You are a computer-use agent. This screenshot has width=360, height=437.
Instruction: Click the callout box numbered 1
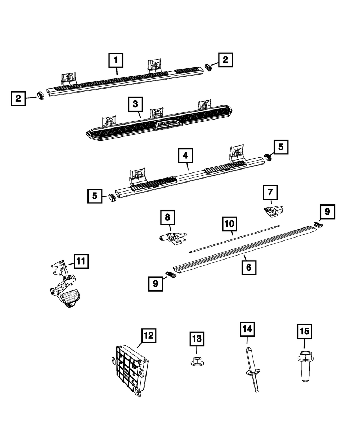(116, 60)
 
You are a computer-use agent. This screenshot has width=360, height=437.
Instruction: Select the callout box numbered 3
(135, 104)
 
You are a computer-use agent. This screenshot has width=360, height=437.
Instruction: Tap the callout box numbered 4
(185, 156)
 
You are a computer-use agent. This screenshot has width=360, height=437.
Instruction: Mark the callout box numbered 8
(167, 217)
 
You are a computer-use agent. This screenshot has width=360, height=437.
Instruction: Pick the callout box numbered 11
(81, 261)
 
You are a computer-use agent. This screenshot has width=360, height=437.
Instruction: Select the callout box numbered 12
(149, 336)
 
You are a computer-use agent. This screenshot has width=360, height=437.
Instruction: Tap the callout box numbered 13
(197, 339)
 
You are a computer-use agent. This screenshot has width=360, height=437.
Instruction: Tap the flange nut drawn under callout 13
(197, 361)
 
